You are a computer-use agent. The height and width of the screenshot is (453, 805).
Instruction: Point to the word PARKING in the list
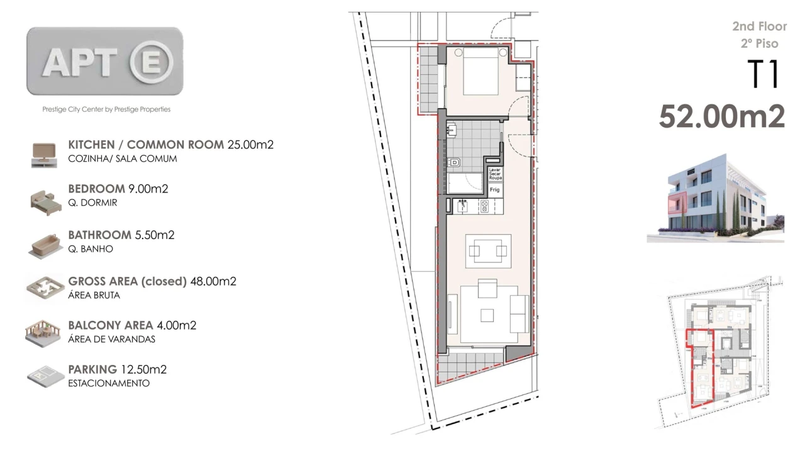92,369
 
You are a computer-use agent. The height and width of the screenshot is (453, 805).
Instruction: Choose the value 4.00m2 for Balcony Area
176,325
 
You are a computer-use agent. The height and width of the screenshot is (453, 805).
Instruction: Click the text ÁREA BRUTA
94,295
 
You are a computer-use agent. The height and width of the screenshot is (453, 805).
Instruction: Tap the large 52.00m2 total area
722,117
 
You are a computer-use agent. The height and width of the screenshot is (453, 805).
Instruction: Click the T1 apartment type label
763,75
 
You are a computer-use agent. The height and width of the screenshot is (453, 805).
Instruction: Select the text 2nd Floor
759,26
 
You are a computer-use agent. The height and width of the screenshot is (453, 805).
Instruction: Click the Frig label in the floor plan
495,189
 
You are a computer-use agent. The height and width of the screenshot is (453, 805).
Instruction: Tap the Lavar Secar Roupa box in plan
496,174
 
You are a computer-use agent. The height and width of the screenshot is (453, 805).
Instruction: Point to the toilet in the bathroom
454,163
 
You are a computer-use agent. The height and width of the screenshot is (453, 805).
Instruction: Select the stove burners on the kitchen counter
485,205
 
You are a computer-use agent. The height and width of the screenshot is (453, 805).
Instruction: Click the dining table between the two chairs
488,252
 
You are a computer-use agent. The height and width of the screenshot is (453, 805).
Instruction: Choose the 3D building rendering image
715,197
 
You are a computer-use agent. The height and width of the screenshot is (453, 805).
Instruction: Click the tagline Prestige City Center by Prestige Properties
106,109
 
